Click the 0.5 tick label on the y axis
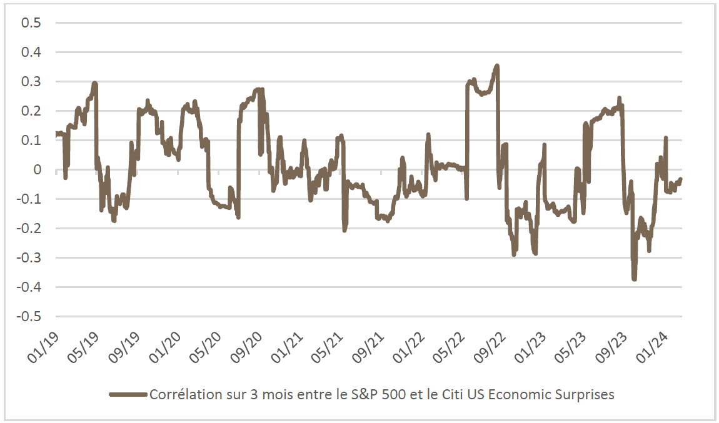tap(31, 23)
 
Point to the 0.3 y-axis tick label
tap(31, 82)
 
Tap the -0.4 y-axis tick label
tap(29, 287)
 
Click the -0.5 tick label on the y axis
tap(29, 317)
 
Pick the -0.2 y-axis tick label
tap(29, 229)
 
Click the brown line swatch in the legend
tap(129, 395)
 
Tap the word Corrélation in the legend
tap(179, 395)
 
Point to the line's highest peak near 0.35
tap(497, 66)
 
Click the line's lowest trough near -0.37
tap(634, 279)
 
